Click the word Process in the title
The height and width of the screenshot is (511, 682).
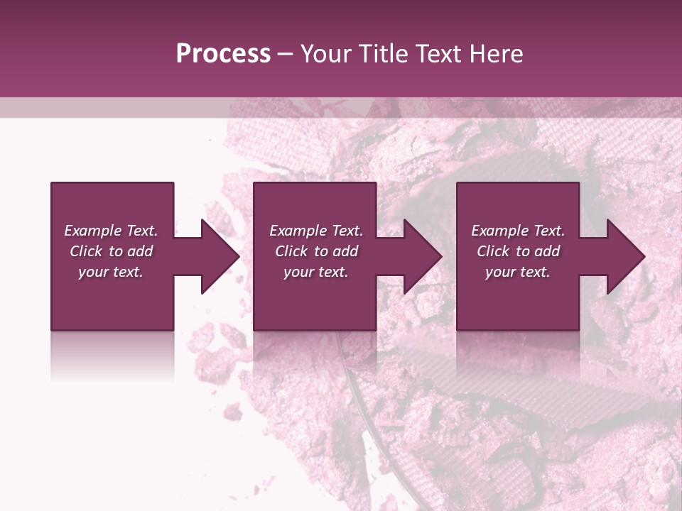pyautogui.click(x=223, y=54)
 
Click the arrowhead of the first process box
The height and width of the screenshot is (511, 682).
pyautogui.click(x=220, y=256)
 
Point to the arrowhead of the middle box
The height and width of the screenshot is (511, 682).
pyautogui.click(x=423, y=256)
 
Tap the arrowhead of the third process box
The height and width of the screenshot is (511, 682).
pyautogui.click(x=627, y=256)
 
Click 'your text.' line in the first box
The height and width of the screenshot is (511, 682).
pyautogui.click(x=111, y=272)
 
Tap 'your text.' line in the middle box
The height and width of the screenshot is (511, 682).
pyautogui.click(x=316, y=272)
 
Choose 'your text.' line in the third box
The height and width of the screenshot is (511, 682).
pyautogui.click(x=518, y=272)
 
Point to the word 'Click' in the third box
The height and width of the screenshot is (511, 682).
pyautogui.click(x=494, y=251)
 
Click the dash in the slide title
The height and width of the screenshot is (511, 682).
pyautogui.click(x=285, y=54)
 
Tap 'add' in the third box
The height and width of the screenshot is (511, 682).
pyautogui.click(x=546, y=251)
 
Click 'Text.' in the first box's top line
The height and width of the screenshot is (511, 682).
pyautogui.click(x=142, y=231)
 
